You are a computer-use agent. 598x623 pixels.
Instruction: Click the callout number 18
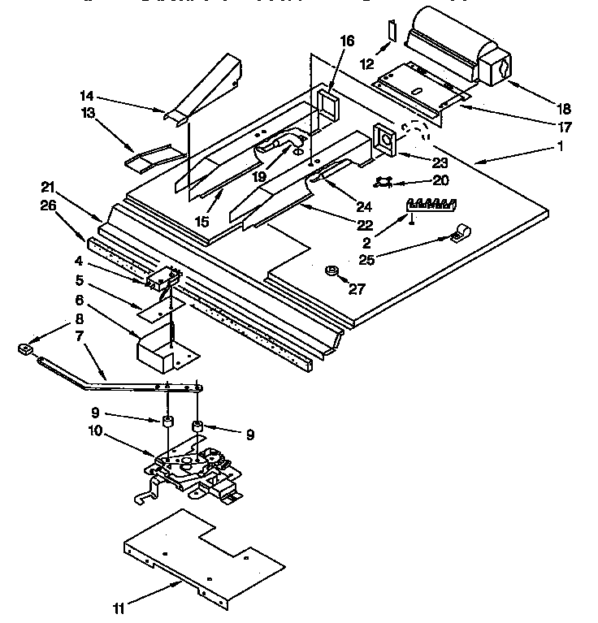click(x=563, y=108)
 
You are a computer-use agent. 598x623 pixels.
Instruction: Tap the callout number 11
click(x=119, y=607)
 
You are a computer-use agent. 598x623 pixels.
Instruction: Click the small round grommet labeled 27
click(x=331, y=270)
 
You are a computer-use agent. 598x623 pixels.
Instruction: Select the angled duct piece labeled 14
click(x=207, y=93)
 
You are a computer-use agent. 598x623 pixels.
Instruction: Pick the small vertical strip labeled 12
click(x=391, y=32)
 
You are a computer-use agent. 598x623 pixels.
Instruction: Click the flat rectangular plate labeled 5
click(x=160, y=306)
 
